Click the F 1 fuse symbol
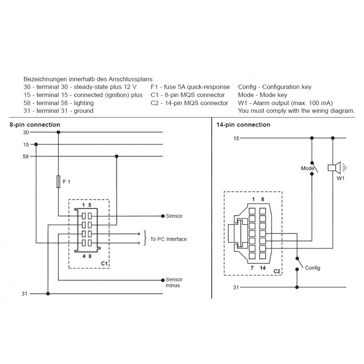[x=58, y=182]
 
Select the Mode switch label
[x=308, y=168]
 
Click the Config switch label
[x=313, y=268]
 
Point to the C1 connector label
[x=104, y=263]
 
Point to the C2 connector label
[x=277, y=271]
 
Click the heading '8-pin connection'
[x=35, y=125]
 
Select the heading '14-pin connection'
[x=243, y=125]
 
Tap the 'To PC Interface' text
[x=168, y=239]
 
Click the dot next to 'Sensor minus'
[x=163, y=280]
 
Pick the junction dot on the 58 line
[x=116, y=157]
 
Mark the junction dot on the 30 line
[x=58, y=132]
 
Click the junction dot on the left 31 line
[x=48, y=293]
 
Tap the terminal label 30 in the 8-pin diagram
[x=26, y=132]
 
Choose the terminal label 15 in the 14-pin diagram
[x=236, y=139]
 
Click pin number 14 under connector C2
[x=263, y=268]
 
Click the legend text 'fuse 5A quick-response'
[x=197, y=87]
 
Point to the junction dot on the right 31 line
[x=297, y=287]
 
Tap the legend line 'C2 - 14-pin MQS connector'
[x=189, y=103]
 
